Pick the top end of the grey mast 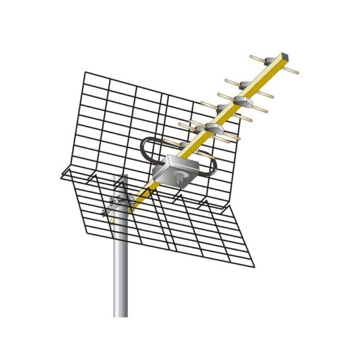coord(121,176)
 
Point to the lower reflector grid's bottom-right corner coord(254,265)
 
